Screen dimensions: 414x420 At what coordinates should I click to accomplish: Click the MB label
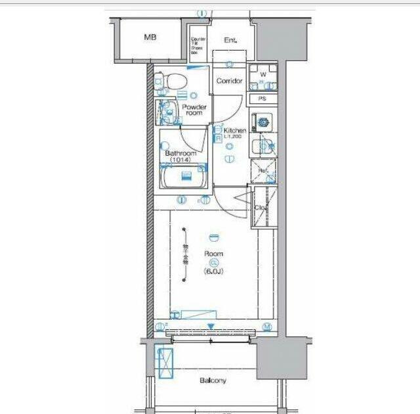[x=150, y=37]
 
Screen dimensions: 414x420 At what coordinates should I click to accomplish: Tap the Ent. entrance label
[x=230, y=41]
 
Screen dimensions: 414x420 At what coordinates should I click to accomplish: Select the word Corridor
[x=229, y=81]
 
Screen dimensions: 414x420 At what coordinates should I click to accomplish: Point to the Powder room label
[x=194, y=110]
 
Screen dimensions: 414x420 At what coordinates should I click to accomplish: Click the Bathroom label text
[x=180, y=154]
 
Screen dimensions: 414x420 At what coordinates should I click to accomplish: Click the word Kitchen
[x=235, y=131]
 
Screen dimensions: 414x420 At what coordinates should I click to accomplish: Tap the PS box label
[x=262, y=99]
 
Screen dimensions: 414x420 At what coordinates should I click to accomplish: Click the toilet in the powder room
[x=173, y=81]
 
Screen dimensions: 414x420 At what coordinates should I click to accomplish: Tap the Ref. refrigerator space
[x=263, y=170]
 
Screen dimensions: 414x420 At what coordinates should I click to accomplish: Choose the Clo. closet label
[x=260, y=208]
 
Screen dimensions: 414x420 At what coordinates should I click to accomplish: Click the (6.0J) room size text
[x=214, y=269]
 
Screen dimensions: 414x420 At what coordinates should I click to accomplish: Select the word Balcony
[x=213, y=380]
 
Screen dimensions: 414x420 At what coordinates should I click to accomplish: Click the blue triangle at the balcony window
[x=210, y=325]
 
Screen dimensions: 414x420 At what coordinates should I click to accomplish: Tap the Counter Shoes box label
[x=198, y=43]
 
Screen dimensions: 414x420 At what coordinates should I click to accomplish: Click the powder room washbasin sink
[x=168, y=112]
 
